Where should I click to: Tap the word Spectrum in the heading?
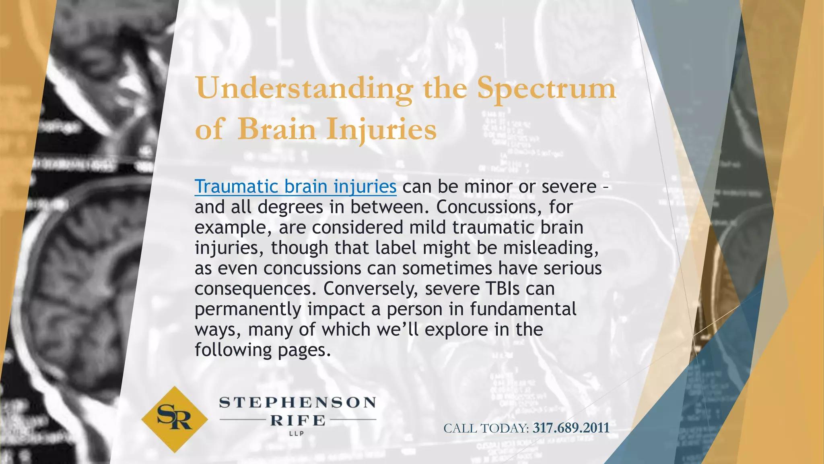pos(546,89)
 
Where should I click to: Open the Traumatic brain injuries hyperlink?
pos(295,186)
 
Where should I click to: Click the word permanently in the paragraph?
pos(248,309)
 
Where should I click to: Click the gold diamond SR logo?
pos(175,419)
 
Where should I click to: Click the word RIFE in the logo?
pos(298,420)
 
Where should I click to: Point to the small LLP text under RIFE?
pos(297,434)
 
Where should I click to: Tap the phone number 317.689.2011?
pos(571,428)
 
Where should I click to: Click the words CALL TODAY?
pos(486,428)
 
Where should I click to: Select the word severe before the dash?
pos(569,186)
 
